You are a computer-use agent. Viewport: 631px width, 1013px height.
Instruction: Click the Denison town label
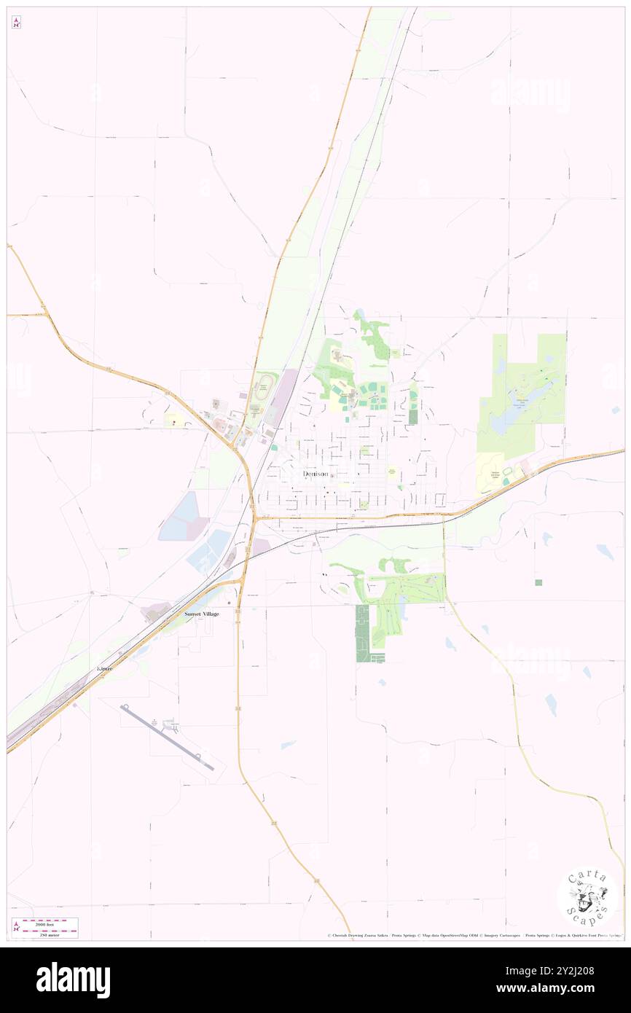(315, 474)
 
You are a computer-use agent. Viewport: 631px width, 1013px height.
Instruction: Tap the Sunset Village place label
(202, 614)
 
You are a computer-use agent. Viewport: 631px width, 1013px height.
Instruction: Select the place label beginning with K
(106, 668)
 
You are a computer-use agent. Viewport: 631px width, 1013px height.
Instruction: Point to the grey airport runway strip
(168, 737)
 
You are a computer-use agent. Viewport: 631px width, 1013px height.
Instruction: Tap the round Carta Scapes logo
(587, 899)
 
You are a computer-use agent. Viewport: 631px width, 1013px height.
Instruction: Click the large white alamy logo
(73, 979)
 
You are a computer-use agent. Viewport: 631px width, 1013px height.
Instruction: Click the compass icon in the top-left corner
(16, 23)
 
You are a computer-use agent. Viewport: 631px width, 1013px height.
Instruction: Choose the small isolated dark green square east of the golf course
(538, 582)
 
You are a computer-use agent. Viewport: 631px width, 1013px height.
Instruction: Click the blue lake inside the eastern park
(503, 421)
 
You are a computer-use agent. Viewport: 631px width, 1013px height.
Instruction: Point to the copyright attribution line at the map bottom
(474, 935)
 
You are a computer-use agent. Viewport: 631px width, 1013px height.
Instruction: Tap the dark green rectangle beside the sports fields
(413, 416)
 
